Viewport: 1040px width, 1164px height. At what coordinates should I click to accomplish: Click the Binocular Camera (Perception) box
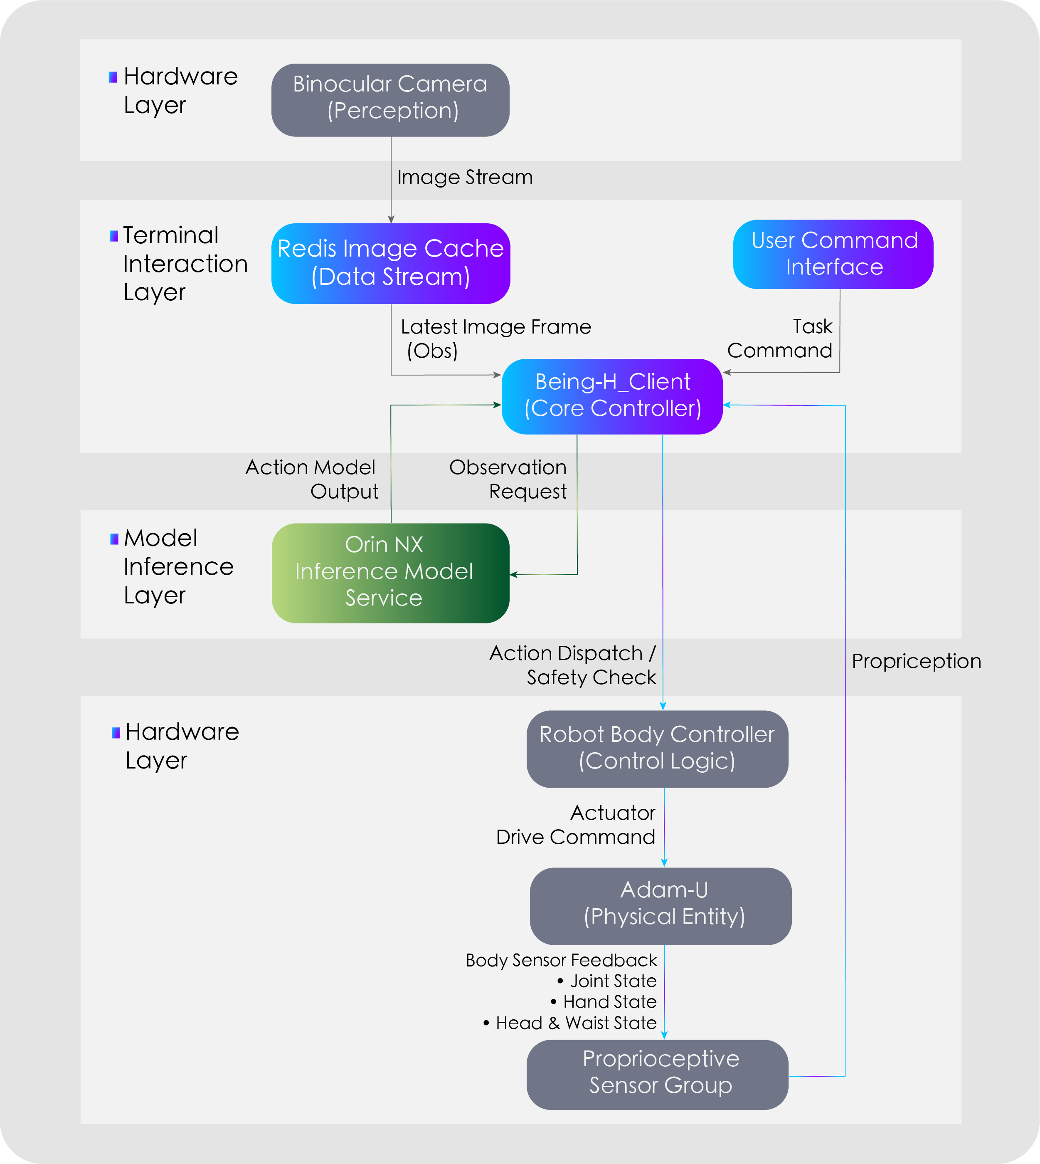coord(390,100)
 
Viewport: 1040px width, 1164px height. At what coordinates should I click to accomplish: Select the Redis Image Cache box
coord(390,263)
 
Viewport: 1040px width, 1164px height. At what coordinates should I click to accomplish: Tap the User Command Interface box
coord(833,254)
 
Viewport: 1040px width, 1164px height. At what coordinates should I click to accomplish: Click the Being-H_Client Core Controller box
coord(612,395)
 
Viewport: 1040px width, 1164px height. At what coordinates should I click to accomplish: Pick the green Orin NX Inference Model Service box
coord(390,572)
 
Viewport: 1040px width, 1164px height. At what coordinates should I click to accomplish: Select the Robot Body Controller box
coord(657,749)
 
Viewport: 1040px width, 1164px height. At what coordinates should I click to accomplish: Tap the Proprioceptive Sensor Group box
coord(657,1074)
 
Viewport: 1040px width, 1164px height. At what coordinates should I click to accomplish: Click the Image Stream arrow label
coord(465,177)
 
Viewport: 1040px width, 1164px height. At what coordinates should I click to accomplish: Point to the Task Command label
coord(780,339)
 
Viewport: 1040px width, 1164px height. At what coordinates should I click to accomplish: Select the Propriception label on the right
coord(916,661)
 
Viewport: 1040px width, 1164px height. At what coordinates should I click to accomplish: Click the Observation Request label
coord(508,479)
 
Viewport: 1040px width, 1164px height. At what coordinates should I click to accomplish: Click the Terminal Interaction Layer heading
coord(185,264)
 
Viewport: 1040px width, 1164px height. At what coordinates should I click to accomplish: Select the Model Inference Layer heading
coord(178,566)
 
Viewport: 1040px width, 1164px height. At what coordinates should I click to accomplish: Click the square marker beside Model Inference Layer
coord(114,539)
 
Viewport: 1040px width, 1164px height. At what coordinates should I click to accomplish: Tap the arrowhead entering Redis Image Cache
coord(391,220)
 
